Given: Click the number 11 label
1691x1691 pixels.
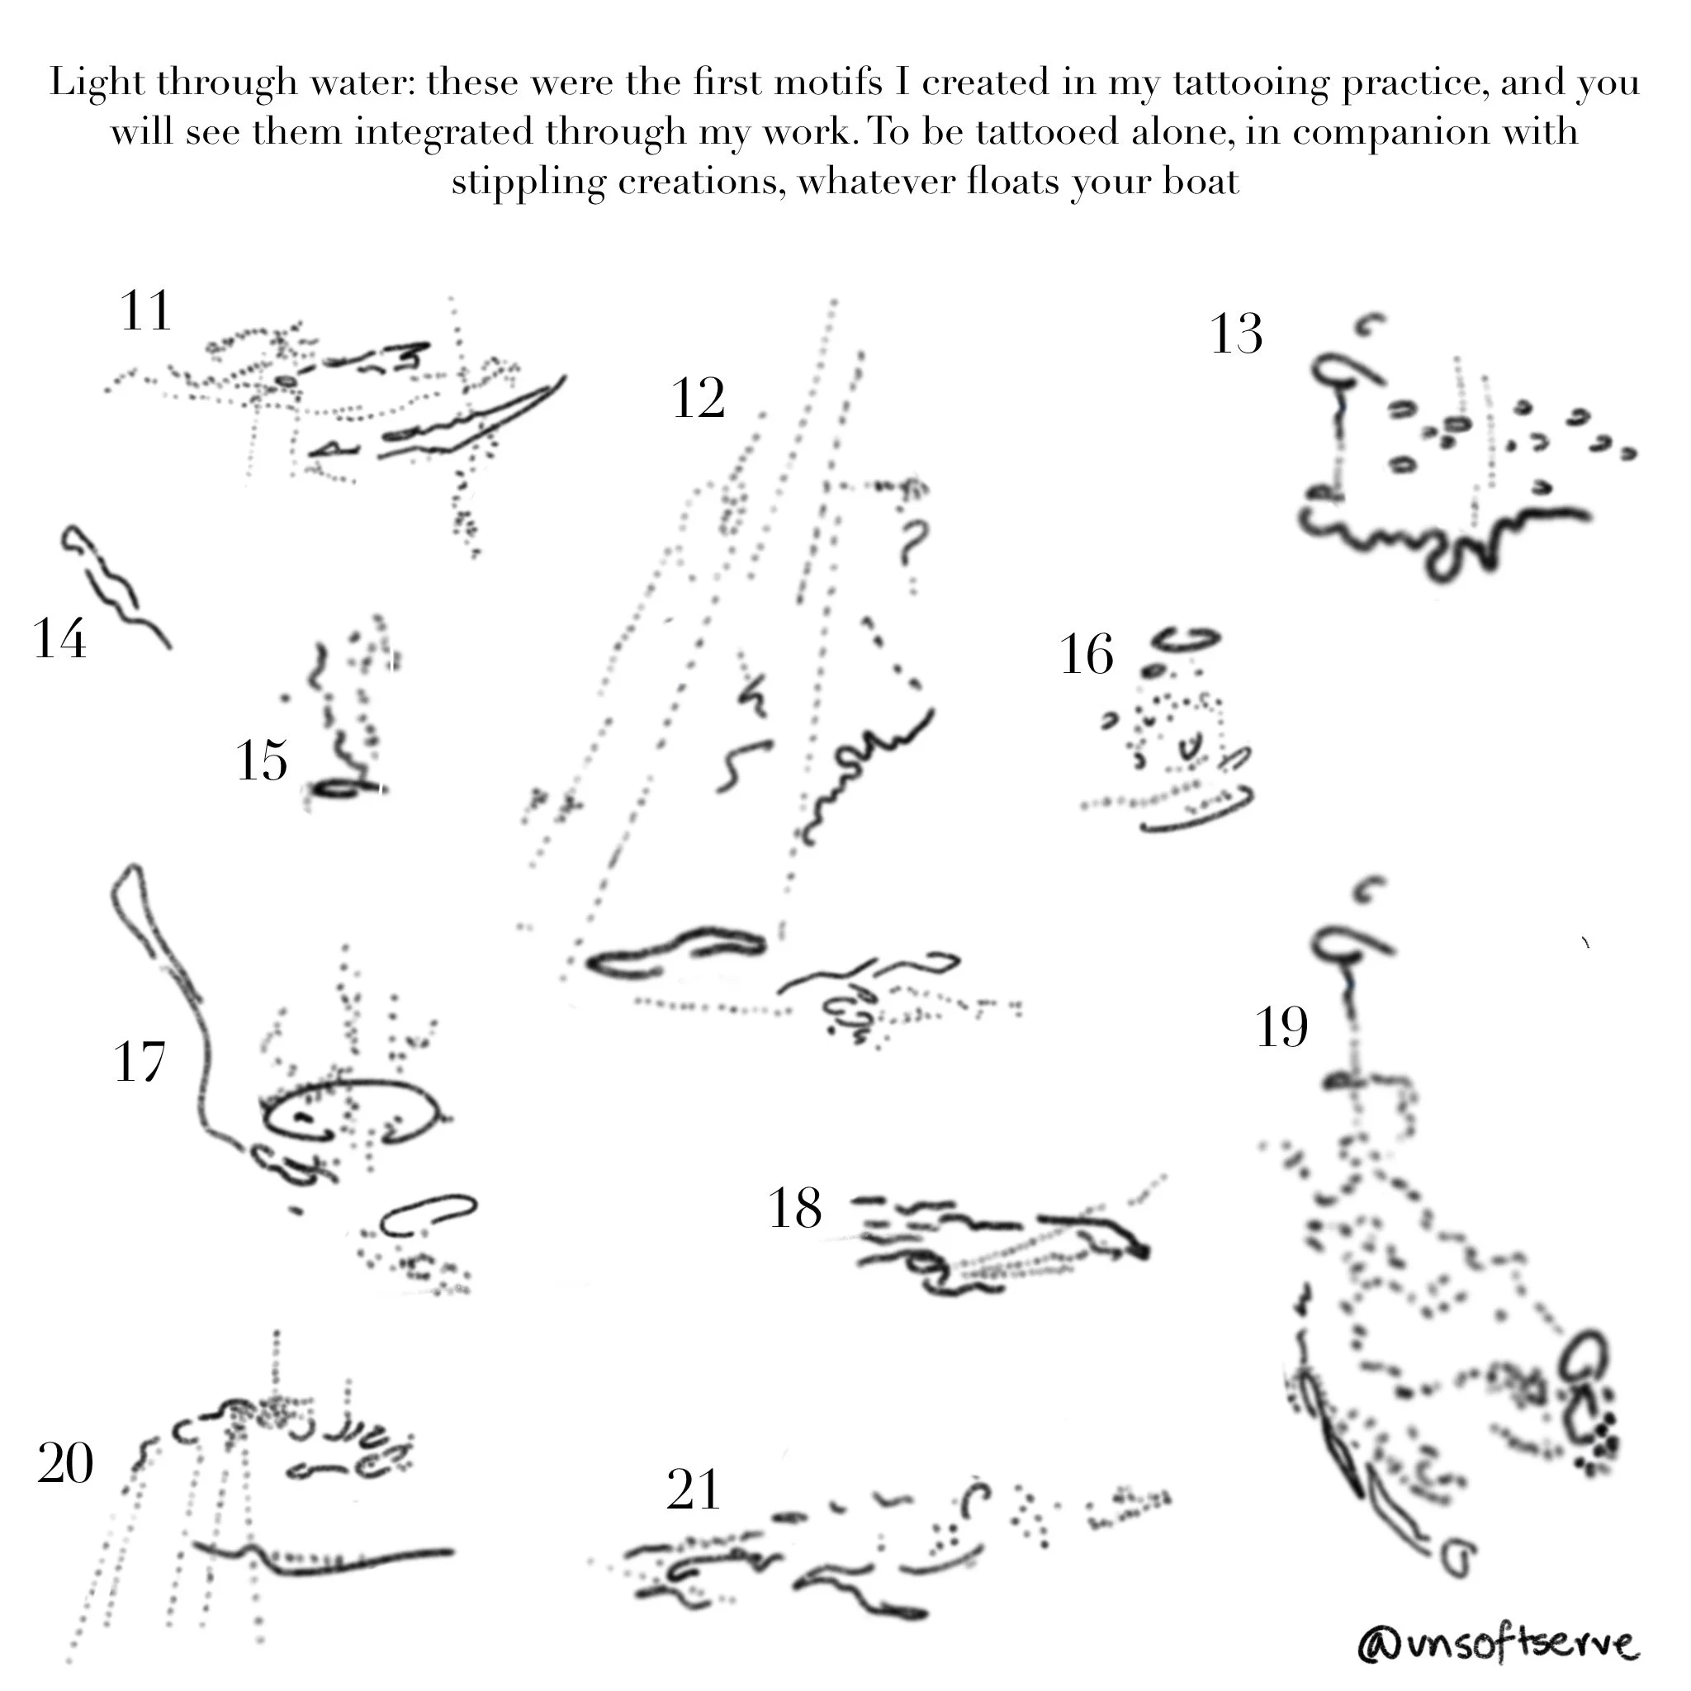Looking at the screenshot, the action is (145, 310).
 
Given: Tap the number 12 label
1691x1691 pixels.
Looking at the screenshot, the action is (699, 399).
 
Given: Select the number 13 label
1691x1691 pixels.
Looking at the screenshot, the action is (1237, 334).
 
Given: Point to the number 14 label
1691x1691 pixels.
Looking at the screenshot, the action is (60, 638).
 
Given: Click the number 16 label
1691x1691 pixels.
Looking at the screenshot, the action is (1087, 654).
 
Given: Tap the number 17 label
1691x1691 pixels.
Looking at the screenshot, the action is (140, 1063).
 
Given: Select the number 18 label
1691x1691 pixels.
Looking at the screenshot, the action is (795, 1209).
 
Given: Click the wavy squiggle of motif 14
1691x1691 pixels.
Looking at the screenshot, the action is (115, 587).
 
